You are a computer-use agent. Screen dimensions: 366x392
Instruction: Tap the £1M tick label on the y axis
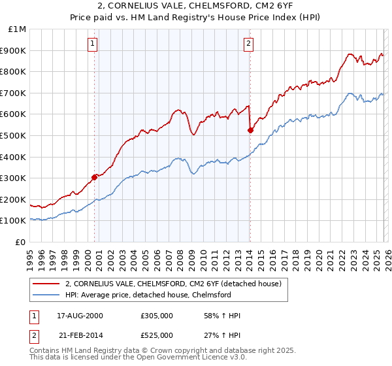point(18,29)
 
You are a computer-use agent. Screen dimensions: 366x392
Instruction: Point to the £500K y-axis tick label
point(14,135)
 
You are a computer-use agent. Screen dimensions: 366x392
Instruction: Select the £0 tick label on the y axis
point(21,242)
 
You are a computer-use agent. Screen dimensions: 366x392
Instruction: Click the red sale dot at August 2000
point(95,176)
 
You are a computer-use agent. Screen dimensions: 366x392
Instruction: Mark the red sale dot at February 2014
point(250,130)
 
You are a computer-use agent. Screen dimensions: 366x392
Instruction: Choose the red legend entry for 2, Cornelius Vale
point(173,284)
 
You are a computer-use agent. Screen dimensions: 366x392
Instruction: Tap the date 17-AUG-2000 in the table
point(76,316)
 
